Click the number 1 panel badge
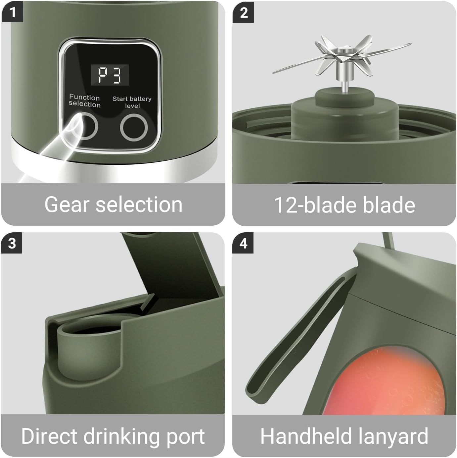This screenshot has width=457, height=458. pyautogui.click(x=12, y=13)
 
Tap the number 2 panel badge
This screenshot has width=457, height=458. pyautogui.click(x=243, y=13)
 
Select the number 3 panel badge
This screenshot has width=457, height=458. pyautogui.click(x=12, y=244)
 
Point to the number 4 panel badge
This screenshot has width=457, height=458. pyautogui.click(x=243, y=244)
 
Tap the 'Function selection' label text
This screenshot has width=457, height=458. pyautogui.click(x=84, y=101)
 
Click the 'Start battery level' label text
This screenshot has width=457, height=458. pyautogui.click(x=132, y=102)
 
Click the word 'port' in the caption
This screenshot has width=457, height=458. pyautogui.click(x=186, y=437)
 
